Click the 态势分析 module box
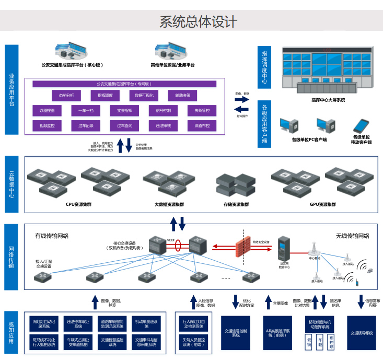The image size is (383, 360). (66, 95)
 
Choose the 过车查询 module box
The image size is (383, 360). (124, 125)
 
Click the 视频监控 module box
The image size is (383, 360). (47, 125)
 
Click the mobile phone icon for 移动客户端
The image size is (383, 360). (361, 126)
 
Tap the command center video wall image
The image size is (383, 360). (327, 68)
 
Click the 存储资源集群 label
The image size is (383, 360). (233, 204)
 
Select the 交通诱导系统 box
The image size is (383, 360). (362, 333)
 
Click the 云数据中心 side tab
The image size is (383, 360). (11, 184)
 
